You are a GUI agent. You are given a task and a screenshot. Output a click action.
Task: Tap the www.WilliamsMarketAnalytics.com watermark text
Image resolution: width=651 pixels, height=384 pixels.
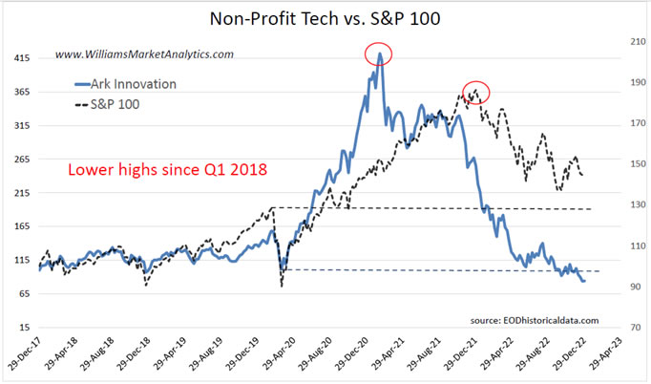pos(144,54)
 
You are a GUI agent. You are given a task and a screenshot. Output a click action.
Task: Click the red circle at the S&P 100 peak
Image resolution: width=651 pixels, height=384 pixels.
pos(475,92)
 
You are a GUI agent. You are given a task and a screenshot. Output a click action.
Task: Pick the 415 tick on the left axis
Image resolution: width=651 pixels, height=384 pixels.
pos(19,58)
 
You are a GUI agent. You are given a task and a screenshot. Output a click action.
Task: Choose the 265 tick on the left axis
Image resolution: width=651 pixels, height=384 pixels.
pos(19,159)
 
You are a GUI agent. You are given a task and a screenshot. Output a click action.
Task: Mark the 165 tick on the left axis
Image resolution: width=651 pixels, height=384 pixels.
pos(19,226)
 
